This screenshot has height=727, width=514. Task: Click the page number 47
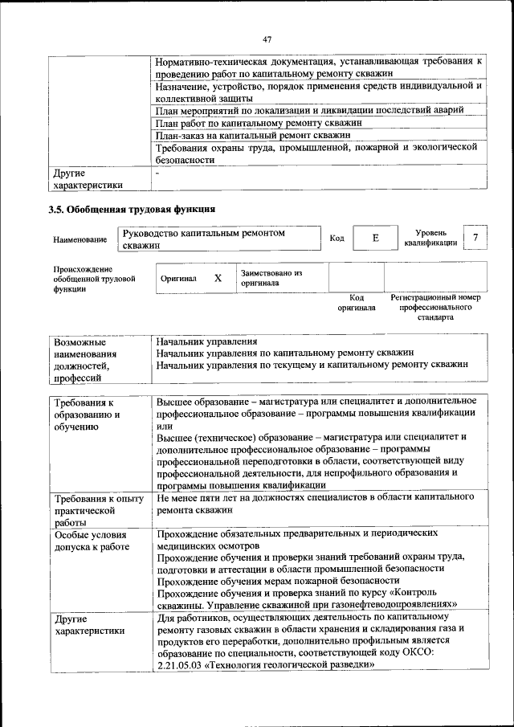[267, 38]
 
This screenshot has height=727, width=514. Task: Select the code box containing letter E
[374, 238]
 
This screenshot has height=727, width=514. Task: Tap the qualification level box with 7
[476, 238]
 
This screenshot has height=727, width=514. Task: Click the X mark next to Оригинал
[218, 278]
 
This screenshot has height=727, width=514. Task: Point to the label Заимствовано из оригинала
[271, 278]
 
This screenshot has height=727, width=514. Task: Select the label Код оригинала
[356, 302]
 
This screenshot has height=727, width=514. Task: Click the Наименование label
[80, 239]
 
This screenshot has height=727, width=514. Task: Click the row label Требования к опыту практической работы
[97, 510]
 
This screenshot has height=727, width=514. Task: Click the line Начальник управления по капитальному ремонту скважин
[284, 353]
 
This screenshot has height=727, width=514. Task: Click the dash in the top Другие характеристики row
[158, 171]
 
